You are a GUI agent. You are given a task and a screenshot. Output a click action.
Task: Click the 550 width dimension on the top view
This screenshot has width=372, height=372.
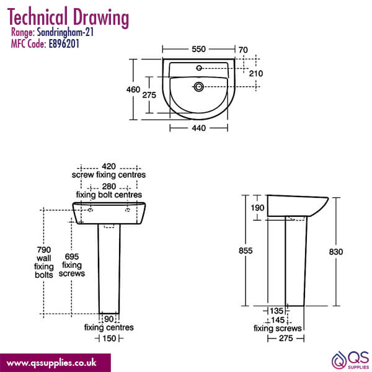click(198, 49)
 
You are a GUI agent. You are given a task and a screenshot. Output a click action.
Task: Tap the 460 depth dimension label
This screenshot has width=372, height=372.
click(133, 90)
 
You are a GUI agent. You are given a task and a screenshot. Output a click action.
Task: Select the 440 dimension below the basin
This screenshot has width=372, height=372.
click(198, 128)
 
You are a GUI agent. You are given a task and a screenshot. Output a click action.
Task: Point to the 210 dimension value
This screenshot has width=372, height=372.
click(255, 74)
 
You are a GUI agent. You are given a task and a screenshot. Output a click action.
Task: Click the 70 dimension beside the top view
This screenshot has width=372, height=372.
click(243, 50)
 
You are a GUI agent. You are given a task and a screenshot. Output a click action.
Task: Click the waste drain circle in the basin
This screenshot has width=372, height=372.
click(198, 87)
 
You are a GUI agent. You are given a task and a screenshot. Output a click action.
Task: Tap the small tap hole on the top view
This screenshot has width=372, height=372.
click(199, 68)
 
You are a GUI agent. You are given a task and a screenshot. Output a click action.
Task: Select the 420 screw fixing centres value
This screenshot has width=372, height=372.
click(109, 166)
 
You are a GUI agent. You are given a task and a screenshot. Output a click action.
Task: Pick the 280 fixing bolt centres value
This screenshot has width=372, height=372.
click(109, 186)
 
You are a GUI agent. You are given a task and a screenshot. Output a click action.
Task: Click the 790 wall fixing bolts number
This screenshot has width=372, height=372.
click(44, 250)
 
